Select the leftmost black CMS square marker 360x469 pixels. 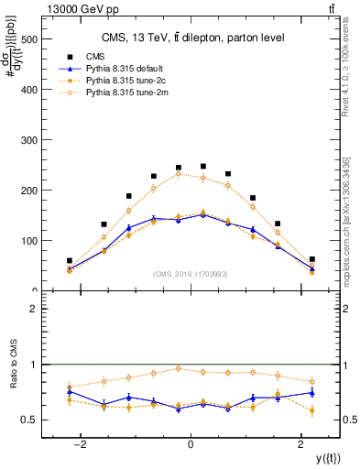(x=70, y=261)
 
